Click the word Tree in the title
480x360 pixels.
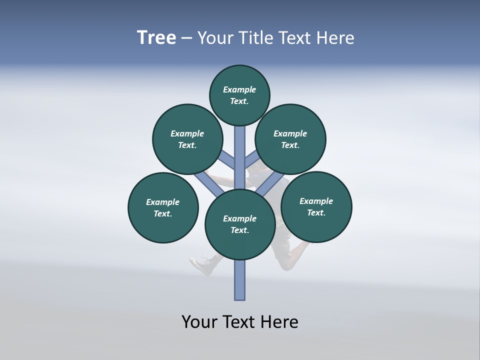156,37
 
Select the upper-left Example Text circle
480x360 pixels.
187,139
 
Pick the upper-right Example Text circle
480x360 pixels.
290,139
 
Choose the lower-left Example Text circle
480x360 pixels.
163,207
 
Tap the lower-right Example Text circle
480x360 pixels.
316,206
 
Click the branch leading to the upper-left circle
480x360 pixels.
228,160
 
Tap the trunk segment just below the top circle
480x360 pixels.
240,145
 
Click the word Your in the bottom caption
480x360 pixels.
199,322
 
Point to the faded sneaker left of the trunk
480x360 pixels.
202,264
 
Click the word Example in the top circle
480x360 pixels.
239,89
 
